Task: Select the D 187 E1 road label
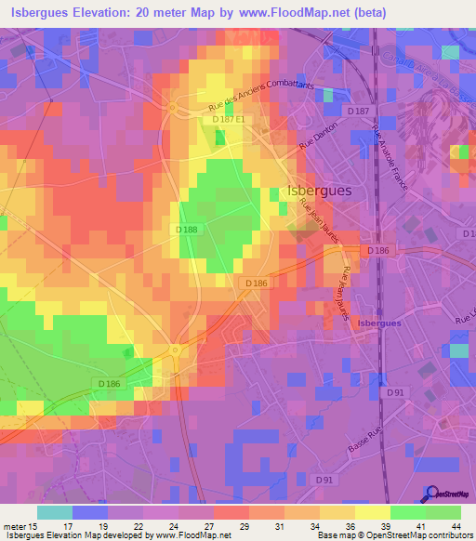(228, 119)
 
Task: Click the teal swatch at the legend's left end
(55, 512)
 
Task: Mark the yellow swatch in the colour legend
(373, 512)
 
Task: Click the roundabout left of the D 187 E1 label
(174, 108)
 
